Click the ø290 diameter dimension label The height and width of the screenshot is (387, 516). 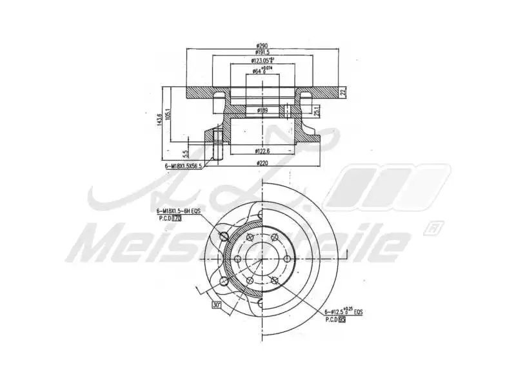(x=262, y=45)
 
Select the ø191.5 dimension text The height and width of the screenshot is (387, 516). (x=262, y=52)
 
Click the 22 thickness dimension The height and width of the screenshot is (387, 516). (x=344, y=93)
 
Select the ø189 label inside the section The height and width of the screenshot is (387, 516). (x=263, y=111)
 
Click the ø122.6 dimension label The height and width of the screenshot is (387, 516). (x=261, y=151)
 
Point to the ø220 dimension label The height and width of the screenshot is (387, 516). (x=262, y=163)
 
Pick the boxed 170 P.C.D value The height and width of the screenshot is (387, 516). (x=176, y=219)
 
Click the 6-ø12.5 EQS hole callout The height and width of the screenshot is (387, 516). (x=342, y=312)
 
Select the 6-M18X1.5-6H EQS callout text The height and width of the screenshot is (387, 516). (x=180, y=212)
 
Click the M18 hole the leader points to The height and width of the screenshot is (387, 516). (x=224, y=235)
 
